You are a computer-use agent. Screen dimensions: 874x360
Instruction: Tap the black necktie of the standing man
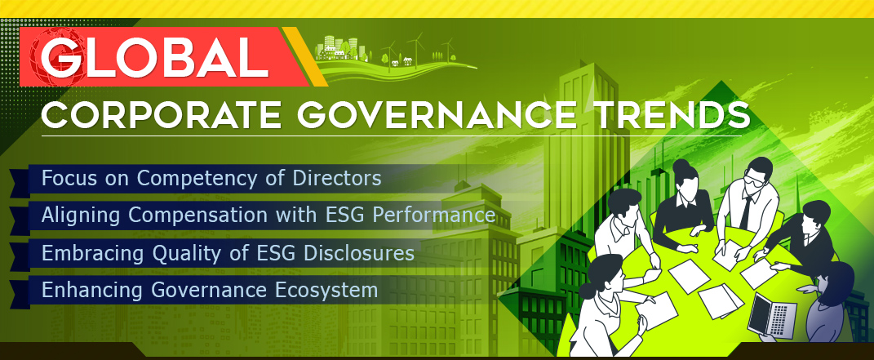click(746, 211)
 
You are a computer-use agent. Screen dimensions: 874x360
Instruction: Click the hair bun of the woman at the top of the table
click(681, 164)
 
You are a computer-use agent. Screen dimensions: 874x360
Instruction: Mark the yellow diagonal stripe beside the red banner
click(304, 56)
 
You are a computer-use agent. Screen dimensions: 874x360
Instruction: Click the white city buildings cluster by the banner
click(337, 48)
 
